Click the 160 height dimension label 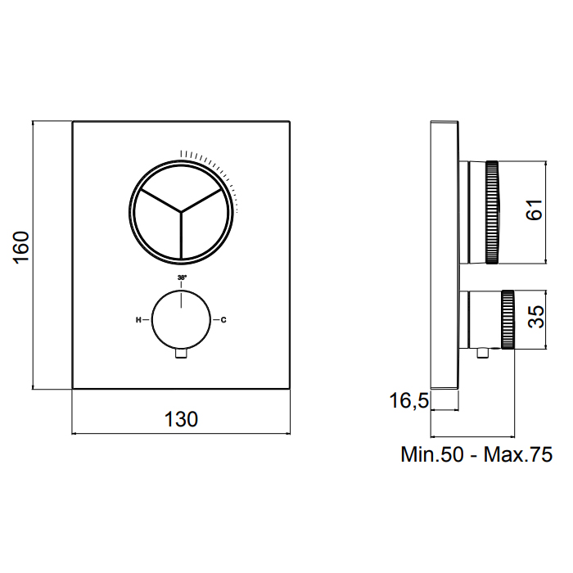tap(21, 246)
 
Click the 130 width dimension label tap(181, 419)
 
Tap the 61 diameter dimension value tap(535, 210)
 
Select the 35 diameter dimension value tap(536, 317)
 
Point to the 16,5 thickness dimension tap(408, 400)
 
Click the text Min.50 tap(432, 454)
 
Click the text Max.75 tap(518, 454)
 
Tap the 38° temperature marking tap(182, 277)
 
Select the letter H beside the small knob tap(138, 320)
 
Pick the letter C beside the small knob tap(223, 320)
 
